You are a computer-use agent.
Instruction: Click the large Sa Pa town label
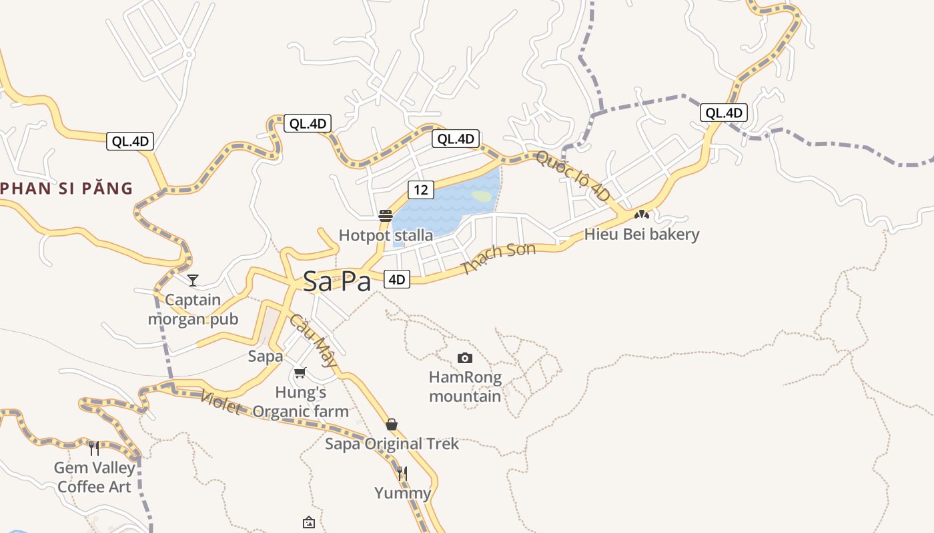pyautogui.click(x=337, y=281)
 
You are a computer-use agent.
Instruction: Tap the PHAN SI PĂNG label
pyautogui.click(x=67, y=189)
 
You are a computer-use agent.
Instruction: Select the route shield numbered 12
pyautogui.click(x=420, y=190)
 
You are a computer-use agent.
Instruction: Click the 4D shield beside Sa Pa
pyautogui.click(x=397, y=279)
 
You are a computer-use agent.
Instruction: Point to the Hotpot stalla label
pyautogui.click(x=386, y=235)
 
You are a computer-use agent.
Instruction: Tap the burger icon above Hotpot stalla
pyautogui.click(x=386, y=215)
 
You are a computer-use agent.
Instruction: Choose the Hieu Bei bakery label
pyautogui.click(x=642, y=235)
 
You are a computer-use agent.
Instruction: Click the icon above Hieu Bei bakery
pyautogui.click(x=642, y=215)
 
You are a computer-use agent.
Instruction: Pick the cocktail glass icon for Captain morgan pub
pyautogui.click(x=193, y=280)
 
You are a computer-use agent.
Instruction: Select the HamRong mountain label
pyautogui.click(x=465, y=387)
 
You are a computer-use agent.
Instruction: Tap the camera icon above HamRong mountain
pyautogui.click(x=465, y=358)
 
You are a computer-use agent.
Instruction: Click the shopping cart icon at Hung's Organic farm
pyautogui.click(x=300, y=373)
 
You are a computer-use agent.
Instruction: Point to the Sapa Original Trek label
pyautogui.click(x=392, y=444)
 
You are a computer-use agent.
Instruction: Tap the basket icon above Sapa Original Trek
pyautogui.click(x=392, y=424)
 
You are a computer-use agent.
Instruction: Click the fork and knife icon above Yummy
pyautogui.click(x=402, y=474)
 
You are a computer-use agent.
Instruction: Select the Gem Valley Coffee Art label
pyautogui.click(x=94, y=477)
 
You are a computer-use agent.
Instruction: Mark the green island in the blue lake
pyautogui.click(x=482, y=197)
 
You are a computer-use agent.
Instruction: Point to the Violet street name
pyautogui.click(x=221, y=402)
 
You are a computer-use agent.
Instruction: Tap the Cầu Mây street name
pyautogui.click(x=314, y=340)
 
